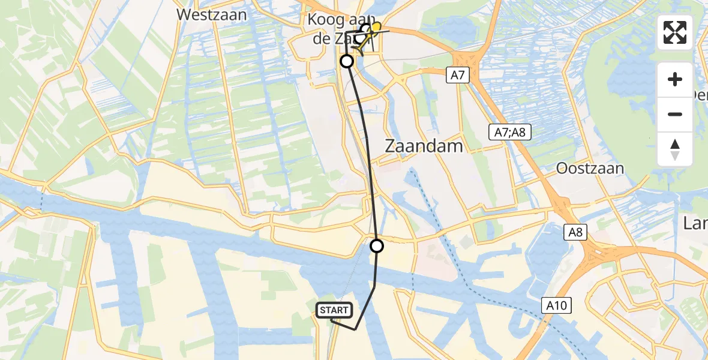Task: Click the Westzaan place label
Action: coord(212,14)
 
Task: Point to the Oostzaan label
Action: coord(590,168)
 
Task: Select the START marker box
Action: coord(334,310)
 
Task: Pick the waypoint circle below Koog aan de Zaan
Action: coord(347,61)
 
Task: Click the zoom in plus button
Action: coord(675,79)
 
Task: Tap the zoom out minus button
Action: coord(675,114)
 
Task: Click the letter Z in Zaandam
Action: coord(389,146)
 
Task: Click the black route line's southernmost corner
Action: coord(355,329)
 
